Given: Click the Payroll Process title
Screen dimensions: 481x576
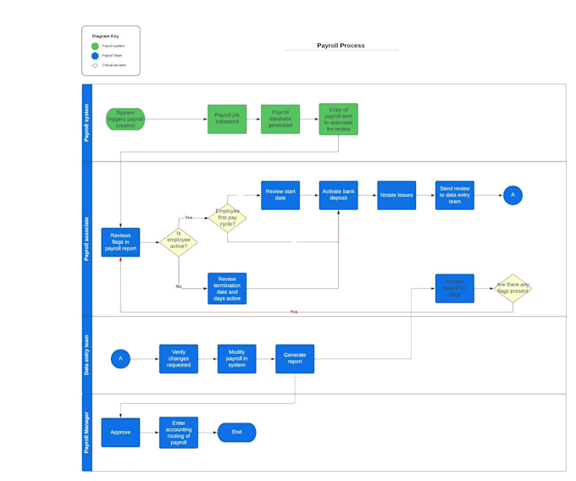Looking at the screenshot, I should point(341,46).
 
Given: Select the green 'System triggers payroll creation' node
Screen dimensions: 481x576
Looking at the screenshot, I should point(125,119).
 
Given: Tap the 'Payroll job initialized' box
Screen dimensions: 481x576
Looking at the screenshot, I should point(227,119).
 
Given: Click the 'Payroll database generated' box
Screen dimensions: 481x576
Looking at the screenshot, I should point(280,119).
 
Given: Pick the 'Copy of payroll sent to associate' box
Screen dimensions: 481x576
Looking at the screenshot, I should point(338,119).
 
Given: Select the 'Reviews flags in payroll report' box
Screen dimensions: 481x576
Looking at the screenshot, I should point(120,242).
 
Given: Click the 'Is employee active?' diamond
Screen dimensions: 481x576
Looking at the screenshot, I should point(179,242).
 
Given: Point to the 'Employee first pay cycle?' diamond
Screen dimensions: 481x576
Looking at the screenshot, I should point(227,218).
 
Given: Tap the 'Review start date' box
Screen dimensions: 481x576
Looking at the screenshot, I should point(280,195).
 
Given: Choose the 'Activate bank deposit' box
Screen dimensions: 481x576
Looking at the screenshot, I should point(338,195).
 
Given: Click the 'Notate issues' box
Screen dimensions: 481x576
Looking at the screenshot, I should point(396,195).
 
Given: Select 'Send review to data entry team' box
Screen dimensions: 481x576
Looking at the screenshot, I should point(455,195).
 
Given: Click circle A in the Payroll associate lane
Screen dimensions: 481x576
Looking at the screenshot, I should point(512,195).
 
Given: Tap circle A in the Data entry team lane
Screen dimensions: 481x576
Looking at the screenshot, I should point(120,358).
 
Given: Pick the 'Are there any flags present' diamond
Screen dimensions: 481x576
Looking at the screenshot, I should point(512,288).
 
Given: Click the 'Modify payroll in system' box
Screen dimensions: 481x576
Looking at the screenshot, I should point(236,358).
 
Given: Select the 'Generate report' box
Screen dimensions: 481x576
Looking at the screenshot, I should point(295,358).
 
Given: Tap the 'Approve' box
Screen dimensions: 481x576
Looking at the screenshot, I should point(120,432).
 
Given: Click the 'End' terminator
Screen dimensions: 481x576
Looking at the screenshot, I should point(236,432).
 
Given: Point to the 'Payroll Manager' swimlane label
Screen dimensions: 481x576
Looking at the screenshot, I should point(86,432).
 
